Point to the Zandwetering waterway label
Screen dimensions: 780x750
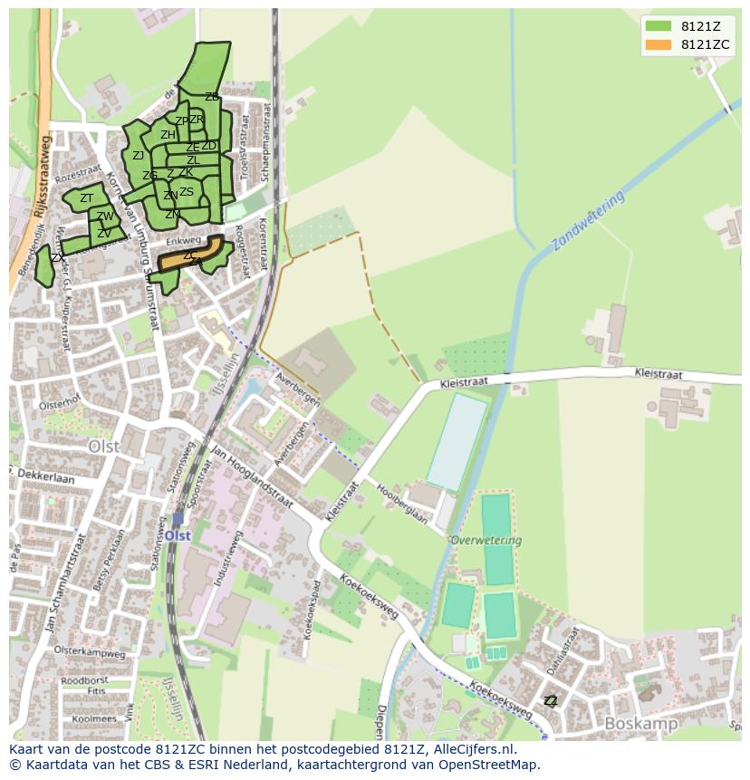tap(588, 221)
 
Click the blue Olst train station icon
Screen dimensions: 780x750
tap(178, 520)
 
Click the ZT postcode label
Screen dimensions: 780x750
tap(87, 198)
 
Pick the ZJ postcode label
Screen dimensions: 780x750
tap(138, 156)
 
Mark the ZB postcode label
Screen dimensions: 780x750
tap(212, 97)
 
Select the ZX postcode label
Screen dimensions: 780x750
tap(57, 258)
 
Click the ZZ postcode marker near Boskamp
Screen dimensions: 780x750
tap(550, 700)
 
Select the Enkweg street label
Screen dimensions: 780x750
tap(183, 243)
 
